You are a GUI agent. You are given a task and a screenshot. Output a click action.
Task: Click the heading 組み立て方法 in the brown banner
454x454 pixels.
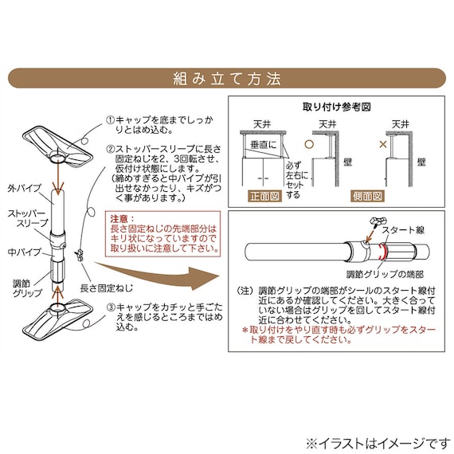pos(227,79)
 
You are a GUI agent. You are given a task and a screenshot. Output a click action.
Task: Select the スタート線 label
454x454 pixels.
pos(403,229)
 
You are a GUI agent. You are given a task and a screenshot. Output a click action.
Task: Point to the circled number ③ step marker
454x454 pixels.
pos(110,307)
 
